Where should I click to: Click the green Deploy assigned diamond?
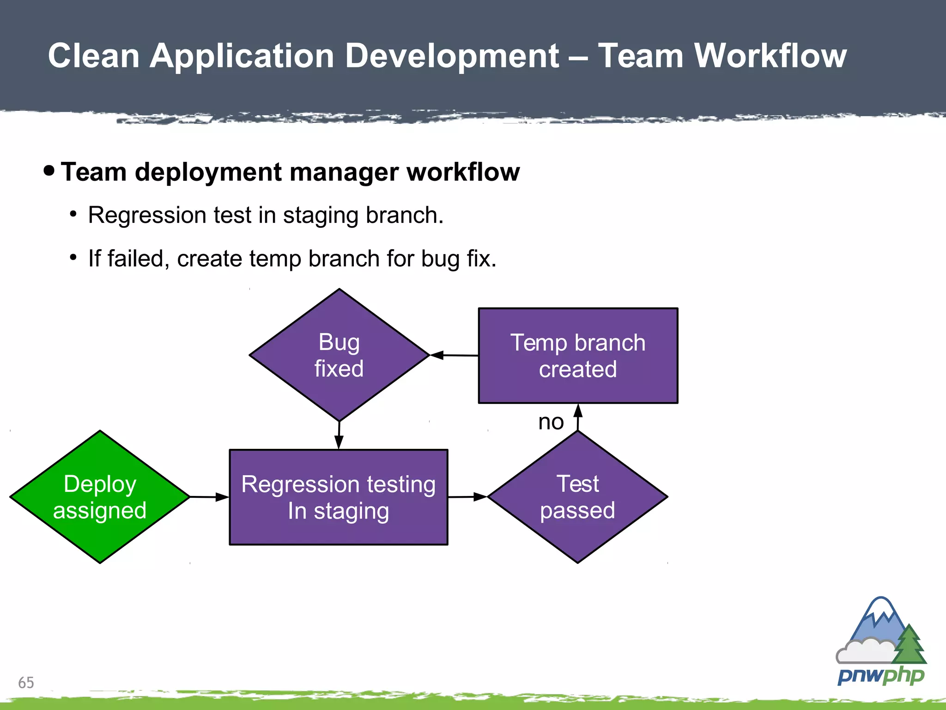click(100, 497)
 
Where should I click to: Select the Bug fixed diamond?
click(339, 355)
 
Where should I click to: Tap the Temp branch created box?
click(578, 355)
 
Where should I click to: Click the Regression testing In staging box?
click(339, 497)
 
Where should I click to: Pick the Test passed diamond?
click(577, 497)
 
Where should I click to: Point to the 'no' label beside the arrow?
click(551, 422)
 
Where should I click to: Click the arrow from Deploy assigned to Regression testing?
click(209, 497)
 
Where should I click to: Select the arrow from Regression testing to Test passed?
click(467, 497)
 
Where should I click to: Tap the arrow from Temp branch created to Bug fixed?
click(454, 355)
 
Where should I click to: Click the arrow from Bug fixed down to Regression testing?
click(339, 435)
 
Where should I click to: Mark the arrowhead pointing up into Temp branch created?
click(578, 410)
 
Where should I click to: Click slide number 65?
click(26, 682)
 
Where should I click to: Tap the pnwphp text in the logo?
click(880, 676)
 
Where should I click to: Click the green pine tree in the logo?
click(909, 645)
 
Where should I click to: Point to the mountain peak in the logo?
click(880, 606)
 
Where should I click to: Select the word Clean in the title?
click(94, 56)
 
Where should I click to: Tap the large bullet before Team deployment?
click(49, 171)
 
